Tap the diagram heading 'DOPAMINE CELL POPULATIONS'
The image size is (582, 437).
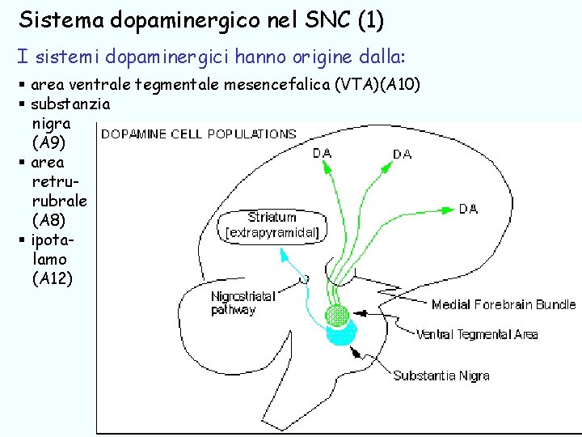click(x=198, y=134)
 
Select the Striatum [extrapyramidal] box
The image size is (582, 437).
click(x=272, y=226)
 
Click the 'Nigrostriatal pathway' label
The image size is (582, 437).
click(x=242, y=303)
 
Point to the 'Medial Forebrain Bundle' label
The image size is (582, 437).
click(x=503, y=305)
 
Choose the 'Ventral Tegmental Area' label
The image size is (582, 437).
click(x=477, y=334)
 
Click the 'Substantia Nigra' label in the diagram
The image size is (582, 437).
click(x=441, y=375)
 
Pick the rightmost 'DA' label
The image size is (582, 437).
click(x=468, y=209)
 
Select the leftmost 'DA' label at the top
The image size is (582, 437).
click(x=322, y=152)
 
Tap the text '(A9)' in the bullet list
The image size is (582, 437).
click(x=47, y=143)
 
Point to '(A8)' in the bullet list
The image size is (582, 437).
click(x=47, y=221)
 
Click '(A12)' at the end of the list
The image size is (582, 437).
click(x=52, y=279)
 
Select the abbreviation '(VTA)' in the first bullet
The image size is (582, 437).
click(x=356, y=85)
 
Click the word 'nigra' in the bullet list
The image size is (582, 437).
click(x=50, y=124)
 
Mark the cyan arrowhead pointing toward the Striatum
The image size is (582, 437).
click(x=282, y=252)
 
